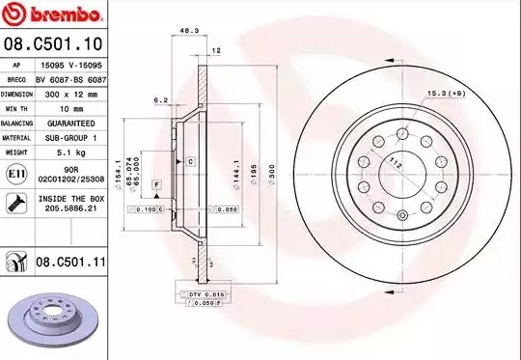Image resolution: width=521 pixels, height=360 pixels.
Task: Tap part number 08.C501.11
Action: (x=70, y=262)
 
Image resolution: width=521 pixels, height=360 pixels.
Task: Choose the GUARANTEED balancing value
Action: (x=70, y=124)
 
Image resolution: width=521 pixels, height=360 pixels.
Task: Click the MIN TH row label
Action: (x=17, y=109)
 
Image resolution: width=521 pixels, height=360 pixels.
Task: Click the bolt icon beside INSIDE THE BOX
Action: (x=16, y=203)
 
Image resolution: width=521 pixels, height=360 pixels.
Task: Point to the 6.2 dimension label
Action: (x=161, y=99)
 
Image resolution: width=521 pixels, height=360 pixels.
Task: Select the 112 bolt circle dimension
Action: (x=396, y=165)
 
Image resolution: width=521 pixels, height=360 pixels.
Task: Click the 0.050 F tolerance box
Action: (x=205, y=303)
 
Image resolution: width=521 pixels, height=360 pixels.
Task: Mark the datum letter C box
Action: (x=191, y=160)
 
